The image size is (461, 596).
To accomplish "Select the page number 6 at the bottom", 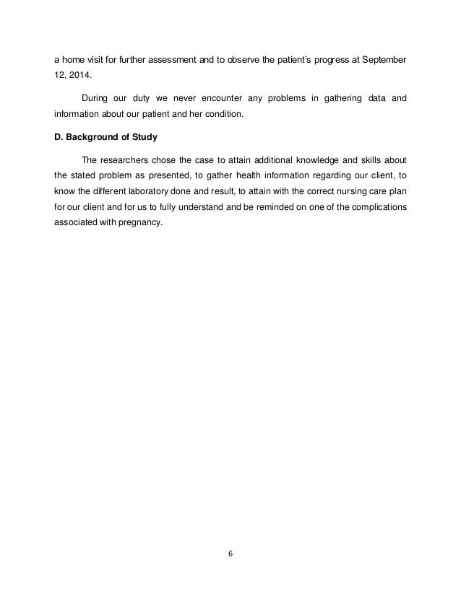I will coord(231,555).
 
